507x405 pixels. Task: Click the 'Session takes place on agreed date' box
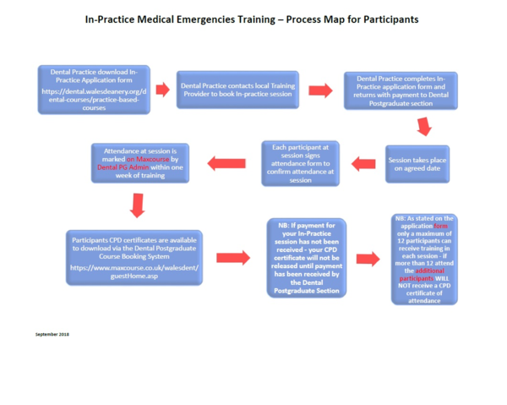pyautogui.click(x=417, y=164)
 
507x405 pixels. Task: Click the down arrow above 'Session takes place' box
pyautogui.click(x=424, y=128)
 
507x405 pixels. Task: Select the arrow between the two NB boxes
pyautogui.click(x=368, y=259)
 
